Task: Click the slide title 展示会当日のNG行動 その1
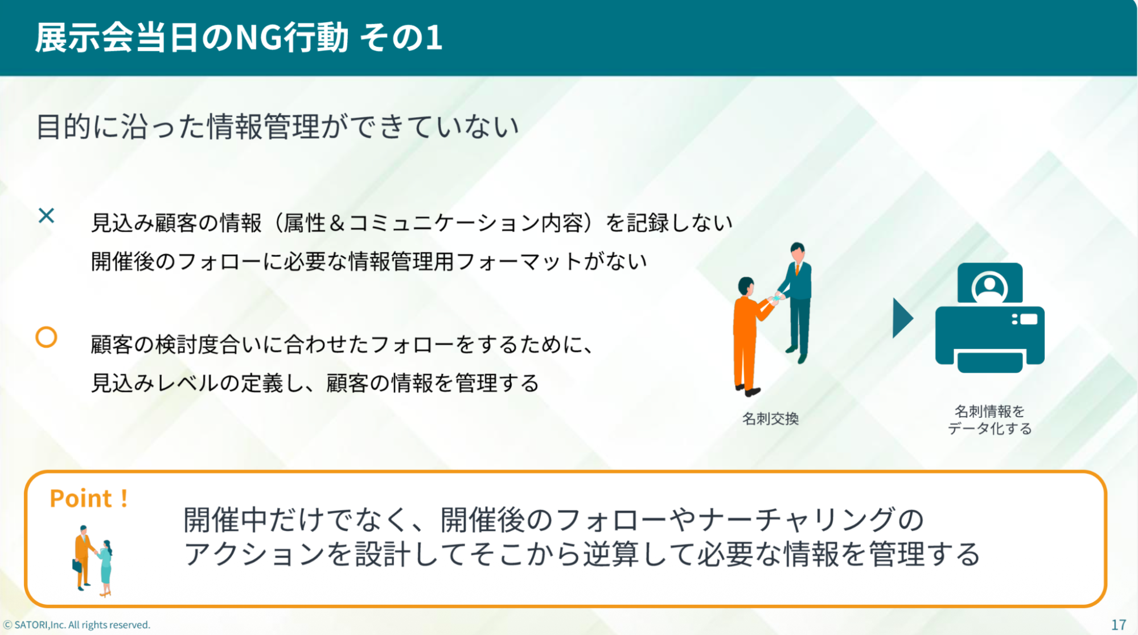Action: coord(239,38)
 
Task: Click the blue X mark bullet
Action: coord(46,215)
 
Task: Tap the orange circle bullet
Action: coord(46,337)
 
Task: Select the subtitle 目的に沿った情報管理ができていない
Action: coord(278,126)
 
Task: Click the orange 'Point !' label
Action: coord(89,498)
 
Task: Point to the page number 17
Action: coord(1119,625)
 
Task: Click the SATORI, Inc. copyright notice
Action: coord(77,625)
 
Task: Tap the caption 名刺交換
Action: coord(770,419)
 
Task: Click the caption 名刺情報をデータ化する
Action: coord(989,420)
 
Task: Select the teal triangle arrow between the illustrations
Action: coord(902,318)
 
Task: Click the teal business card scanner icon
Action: coord(989,317)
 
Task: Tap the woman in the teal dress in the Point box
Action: coord(105,568)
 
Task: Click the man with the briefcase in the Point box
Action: coord(84,557)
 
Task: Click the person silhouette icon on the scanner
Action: coord(989,287)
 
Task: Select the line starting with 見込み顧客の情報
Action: coord(412,223)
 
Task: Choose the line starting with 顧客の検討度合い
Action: coord(342,344)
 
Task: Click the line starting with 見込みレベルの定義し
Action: coord(315,383)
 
